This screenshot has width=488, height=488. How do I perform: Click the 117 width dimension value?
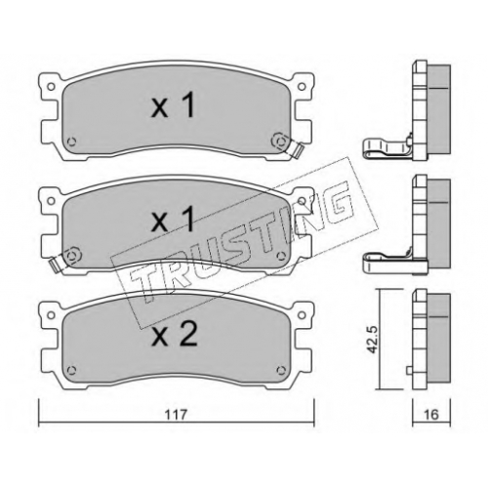pyautogui.click(x=176, y=414)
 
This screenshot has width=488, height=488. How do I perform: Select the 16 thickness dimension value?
pyautogui.click(x=431, y=415)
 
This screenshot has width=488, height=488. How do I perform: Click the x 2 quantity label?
pyautogui.click(x=175, y=336)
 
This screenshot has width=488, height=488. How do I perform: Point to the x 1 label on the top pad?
pyautogui.click(x=173, y=105)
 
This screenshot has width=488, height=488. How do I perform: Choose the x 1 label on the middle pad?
pyautogui.click(x=173, y=221)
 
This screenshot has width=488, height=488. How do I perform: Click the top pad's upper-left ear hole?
pyautogui.click(x=51, y=87)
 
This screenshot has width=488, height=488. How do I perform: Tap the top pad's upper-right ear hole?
pyautogui.click(x=302, y=87)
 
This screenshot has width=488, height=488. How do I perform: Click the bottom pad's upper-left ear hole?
pyautogui.click(x=51, y=315)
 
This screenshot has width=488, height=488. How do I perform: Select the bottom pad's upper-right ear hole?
pyautogui.click(x=302, y=315)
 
